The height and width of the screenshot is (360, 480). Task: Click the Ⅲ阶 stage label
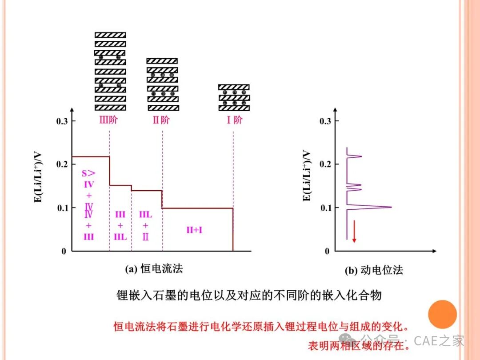click(108, 120)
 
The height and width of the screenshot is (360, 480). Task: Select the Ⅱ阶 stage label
click(161, 120)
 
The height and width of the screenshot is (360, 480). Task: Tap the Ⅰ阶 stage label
click(234, 120)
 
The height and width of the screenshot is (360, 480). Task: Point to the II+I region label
click(194, 230)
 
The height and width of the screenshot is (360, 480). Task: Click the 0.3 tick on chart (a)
click(62, 121)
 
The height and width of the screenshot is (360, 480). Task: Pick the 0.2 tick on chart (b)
click(325, 164)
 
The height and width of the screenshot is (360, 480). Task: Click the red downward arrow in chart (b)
click(354, 232)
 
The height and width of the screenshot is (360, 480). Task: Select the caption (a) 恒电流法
click(154, 268)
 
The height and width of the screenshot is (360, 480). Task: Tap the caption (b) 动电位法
click(374, 270)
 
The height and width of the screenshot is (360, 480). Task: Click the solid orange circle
click(442, 314)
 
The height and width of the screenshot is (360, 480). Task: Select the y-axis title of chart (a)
click(38, 177)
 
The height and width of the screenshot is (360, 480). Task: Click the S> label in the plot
click(88, 173)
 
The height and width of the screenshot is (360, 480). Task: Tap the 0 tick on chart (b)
click(327, 251)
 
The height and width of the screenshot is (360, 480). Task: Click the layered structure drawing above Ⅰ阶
click(234, 98)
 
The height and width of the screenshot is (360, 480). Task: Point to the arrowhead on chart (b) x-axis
click(434, 251)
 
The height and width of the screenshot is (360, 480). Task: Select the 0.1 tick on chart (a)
click(62, 208)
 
